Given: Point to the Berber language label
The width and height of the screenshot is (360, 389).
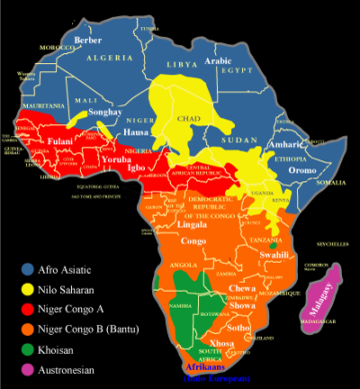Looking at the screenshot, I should coord(87,41).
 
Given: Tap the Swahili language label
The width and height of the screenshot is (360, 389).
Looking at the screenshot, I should coord(271,255).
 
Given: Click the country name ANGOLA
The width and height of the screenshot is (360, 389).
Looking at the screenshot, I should coord(181,266).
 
